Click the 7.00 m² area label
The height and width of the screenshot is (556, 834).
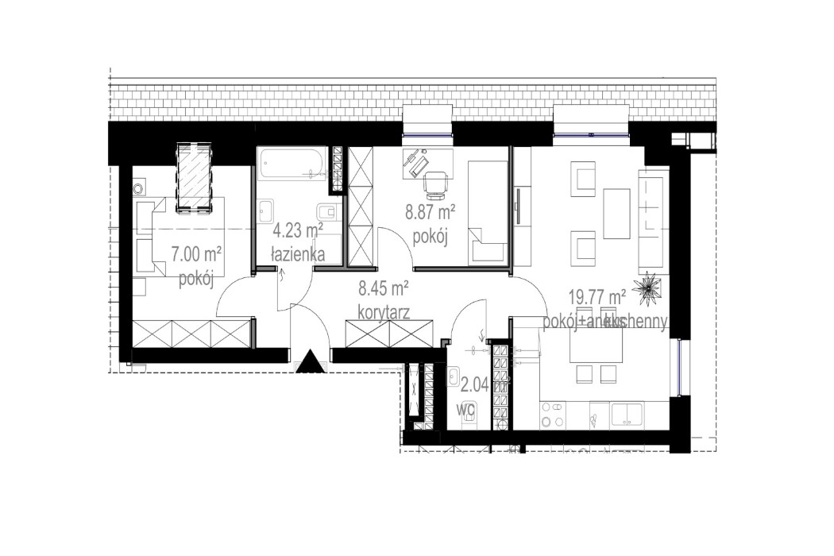click(x=195, y=254)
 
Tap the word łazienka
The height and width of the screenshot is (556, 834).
click(x=296, y=255)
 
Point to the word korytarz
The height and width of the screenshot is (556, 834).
click(x=383, y=312)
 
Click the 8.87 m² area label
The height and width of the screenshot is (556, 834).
click(x=430, y=212)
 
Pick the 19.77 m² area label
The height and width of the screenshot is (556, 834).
click(x=597, y=298)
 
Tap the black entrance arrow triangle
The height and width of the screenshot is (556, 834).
click(x=310, y=362)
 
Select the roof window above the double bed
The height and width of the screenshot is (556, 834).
click(x=194, y=176)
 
